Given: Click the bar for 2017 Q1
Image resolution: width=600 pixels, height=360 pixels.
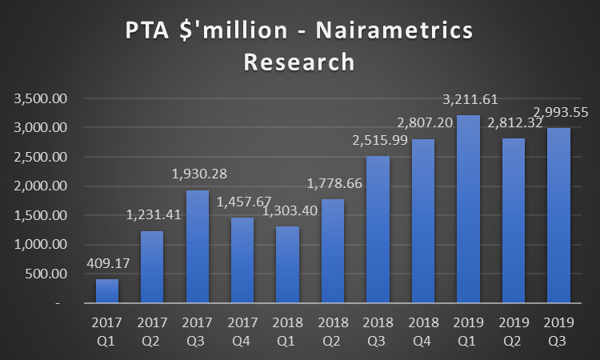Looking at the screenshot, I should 107,291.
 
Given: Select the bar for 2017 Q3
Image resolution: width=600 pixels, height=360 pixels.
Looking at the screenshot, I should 198,246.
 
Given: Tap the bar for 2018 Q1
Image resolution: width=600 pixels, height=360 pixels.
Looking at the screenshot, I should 288,265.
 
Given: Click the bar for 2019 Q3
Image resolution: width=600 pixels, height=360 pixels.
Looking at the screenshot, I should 559,215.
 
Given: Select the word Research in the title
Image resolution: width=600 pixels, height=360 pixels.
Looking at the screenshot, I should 299,62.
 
